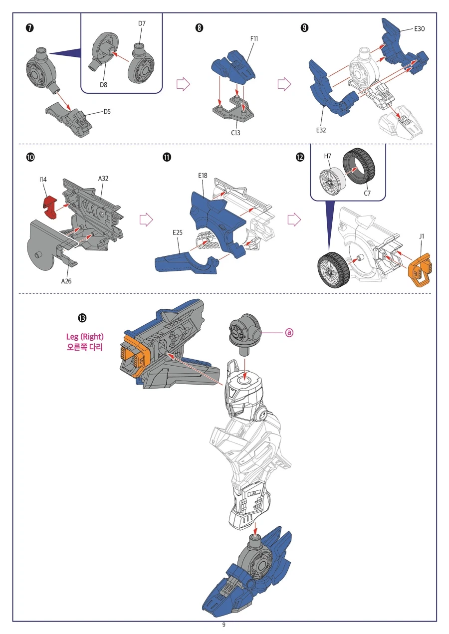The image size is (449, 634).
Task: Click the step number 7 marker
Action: (29, 28)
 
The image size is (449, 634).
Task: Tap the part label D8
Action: (103, 85)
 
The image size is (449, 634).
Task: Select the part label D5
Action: (107, 112)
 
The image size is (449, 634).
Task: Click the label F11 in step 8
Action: (254, 38)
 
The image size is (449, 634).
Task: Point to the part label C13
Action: (235, 133)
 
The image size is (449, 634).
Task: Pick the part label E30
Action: (419, 28)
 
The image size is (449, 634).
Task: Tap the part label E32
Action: (321, 130)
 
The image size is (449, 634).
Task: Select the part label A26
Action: (66, 281)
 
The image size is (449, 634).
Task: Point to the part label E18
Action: (203, 176)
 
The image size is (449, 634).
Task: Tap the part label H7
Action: (328, 156)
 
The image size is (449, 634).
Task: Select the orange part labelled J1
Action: (420, 270)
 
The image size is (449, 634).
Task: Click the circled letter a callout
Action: (289, 333)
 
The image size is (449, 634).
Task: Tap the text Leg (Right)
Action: (85, 337)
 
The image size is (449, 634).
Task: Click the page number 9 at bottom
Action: (224, 625)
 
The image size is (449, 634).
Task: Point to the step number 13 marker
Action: (82, 318)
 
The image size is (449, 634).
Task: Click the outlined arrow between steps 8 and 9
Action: (284, 84)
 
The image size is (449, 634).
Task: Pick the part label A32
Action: (103, 178)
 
